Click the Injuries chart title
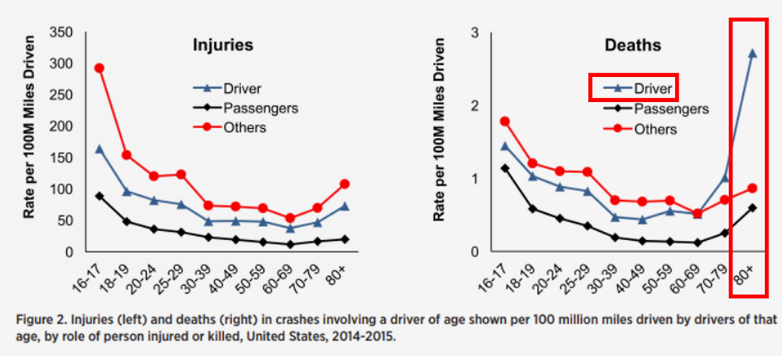[223, 45]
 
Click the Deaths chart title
[632, 45]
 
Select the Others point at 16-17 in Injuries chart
[99, 68]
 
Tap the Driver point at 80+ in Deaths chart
[752, 53]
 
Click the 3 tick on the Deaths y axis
[474, 32]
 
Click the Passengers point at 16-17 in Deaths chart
[505, 168]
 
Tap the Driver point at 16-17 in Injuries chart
[99, 149]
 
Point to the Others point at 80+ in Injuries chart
[344, 183]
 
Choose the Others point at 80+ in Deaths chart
[752, 188]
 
